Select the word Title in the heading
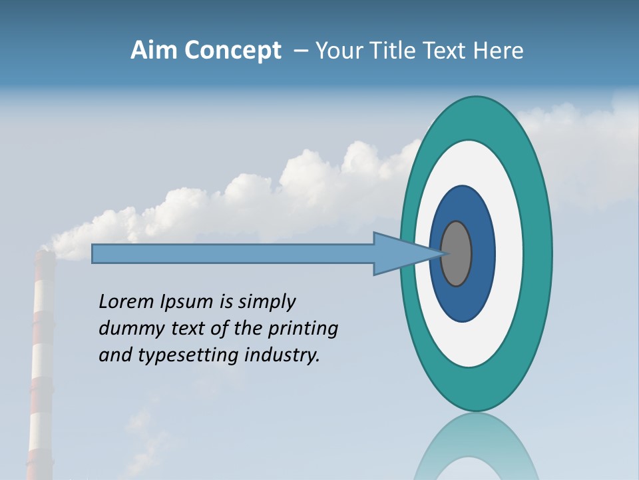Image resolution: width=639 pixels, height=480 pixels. click(393, 51)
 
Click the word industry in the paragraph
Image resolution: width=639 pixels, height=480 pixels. click(282, 355)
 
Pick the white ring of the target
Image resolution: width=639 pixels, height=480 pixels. click(509, 253)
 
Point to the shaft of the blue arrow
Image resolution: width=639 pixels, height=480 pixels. click(233, 254)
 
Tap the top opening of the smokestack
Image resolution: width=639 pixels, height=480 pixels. click(44, 253)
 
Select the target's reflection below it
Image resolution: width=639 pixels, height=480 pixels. click(476, 447)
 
